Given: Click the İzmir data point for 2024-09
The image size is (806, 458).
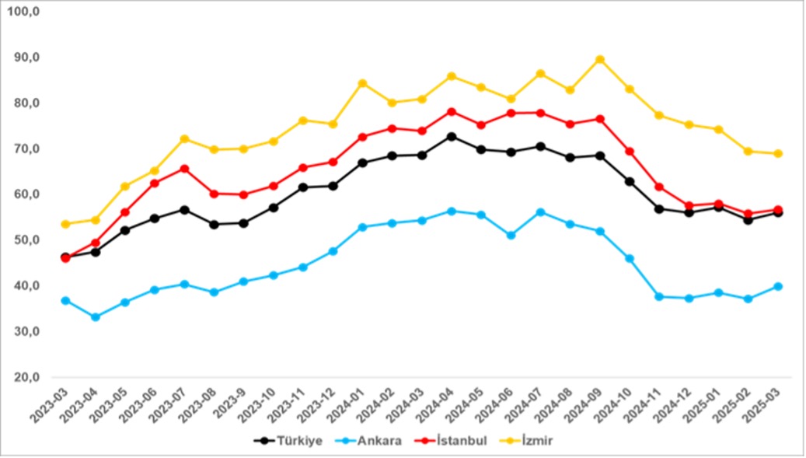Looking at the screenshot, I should tap(599, 59).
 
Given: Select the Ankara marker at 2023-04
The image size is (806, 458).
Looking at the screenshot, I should tap(96, 317).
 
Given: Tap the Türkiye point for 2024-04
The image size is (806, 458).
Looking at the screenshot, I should tap(451, 137).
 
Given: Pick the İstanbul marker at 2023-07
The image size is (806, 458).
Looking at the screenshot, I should tap(184, 169).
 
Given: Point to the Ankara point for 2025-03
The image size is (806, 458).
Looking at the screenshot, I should tap(777, 286).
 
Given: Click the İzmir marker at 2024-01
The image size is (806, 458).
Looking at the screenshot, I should tap(362, 83).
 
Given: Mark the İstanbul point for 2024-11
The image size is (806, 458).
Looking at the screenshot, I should tap(658, 187).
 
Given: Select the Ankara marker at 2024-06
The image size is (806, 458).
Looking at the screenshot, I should tap(511, 235).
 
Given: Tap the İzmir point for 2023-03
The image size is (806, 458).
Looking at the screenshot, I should tap(66, 224).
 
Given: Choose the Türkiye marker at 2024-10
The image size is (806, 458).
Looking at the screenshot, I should tap(629, 181).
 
